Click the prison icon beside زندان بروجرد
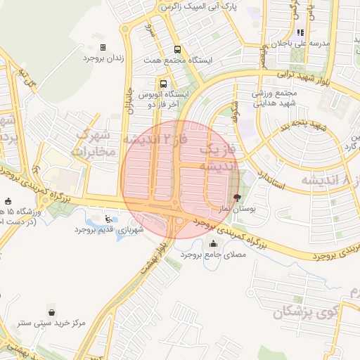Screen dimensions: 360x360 (x=103, y=48)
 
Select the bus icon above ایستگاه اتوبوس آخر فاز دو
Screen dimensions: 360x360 (x=163, y=82)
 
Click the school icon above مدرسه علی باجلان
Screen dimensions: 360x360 (x=300, y=32)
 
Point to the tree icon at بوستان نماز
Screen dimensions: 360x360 (x=236, y=198)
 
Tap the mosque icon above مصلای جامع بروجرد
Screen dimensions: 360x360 (x=214, y=243)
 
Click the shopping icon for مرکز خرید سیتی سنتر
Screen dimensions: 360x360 (x=52, y=312)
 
